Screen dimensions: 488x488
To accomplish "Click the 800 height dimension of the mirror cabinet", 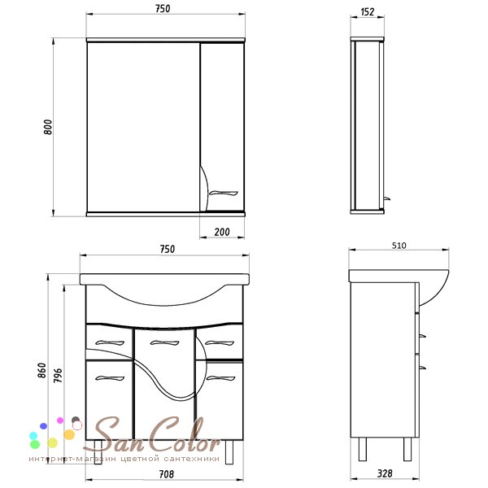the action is [48, 127].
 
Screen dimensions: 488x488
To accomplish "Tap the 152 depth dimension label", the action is [368, 12].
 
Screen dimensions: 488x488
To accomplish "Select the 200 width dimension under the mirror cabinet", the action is [222, 232].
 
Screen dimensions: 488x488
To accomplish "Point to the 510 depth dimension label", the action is [399, 246].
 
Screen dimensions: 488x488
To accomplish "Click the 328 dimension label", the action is [385, 473].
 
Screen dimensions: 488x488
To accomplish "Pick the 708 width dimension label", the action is [167, 474].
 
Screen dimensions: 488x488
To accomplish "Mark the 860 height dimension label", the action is [41, 370].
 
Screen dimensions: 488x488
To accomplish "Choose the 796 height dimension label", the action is [58, 375].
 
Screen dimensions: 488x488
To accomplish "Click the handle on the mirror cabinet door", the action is [223, 194].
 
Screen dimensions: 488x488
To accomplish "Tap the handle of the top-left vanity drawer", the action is [110, 343].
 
